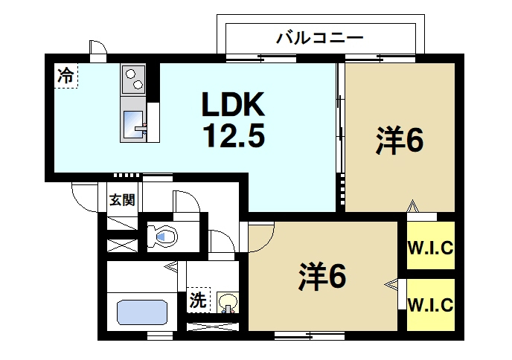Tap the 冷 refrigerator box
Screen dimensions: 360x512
pyautogui.click(x=66, y=74)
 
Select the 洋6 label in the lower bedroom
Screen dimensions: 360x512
pyautogui.click(x=322, y=277)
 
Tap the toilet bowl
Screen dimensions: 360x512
pyautogui.click(x=164, y=237)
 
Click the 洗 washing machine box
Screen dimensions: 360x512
pyautogui.click(x=198, y=300)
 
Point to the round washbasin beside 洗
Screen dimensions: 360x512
pyautogui.click(x=228, y=303)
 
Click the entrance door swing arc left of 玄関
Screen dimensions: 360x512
pyautogui.click(x=83, y=195)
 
